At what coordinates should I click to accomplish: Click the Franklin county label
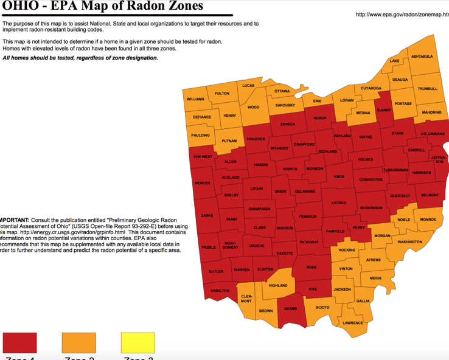[x=307, y=216]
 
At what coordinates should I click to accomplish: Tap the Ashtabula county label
[x=422, y=57]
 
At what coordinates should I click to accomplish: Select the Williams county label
[x=195, y=99]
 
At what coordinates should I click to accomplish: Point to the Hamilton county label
[x=220, y=291]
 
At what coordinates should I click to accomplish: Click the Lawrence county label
[x=353, y=323]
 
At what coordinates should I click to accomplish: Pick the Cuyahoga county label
[x=371, y=88]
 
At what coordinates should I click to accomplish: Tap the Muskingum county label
[x=371, y=208]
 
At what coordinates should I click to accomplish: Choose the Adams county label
[x=290, y=308]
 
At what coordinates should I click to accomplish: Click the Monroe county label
[x=428, y=220]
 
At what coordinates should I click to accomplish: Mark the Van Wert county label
[x=202, y=157]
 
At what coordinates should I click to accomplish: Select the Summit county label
[x=383, y=110]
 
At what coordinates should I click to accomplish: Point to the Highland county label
[x=278, y=285]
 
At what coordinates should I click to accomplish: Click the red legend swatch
[x=19, y=342]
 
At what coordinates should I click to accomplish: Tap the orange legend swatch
[x=78, y=342]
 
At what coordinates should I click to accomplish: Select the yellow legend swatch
[x=137, y=342]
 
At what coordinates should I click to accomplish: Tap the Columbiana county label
[x=433, y=134]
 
